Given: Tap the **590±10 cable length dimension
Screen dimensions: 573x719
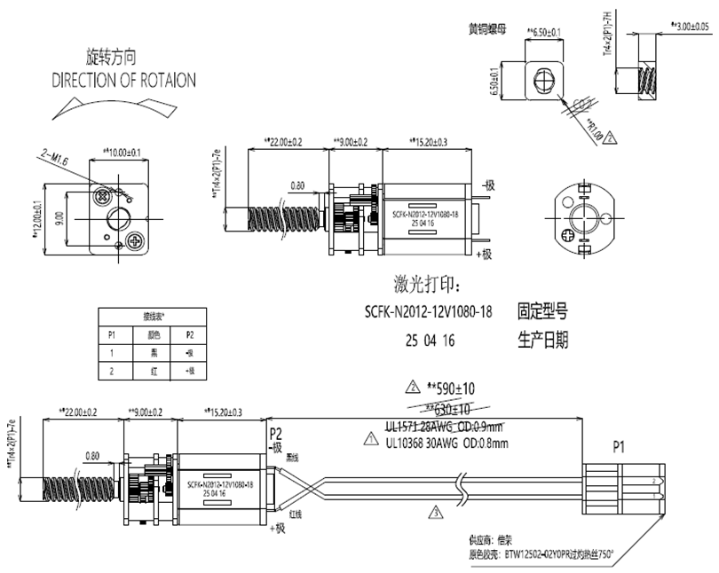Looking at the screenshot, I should point(453,389).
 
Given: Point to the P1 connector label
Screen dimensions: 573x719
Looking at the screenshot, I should point(618,448).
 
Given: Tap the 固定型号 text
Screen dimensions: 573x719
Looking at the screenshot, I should point(541,312).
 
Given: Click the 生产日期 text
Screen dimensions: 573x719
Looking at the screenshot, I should point(541,339).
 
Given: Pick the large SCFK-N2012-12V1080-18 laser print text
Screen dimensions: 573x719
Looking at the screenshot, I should point(430,313).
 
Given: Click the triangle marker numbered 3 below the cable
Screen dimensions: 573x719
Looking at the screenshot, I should point(435,512).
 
